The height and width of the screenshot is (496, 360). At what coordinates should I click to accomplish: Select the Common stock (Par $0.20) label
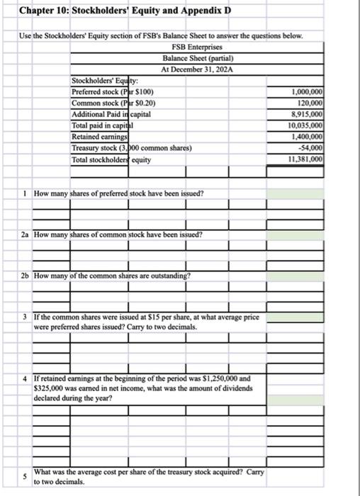[114, 103]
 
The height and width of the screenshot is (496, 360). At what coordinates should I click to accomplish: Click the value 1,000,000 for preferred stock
[307, 93]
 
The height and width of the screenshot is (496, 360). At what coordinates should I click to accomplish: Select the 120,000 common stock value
[310, 103]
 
